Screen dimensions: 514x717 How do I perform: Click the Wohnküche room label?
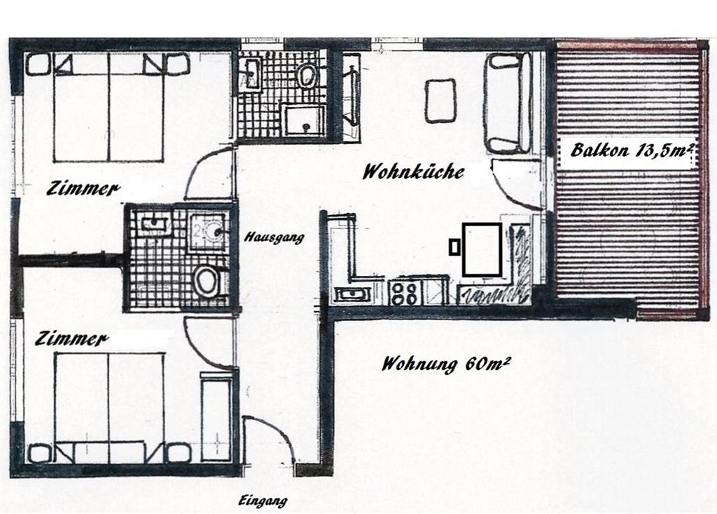(412, 172)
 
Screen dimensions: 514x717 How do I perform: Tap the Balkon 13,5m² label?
(631, 151)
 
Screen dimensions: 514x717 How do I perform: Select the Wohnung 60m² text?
(445, 365)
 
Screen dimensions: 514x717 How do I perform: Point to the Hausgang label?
(274, 237)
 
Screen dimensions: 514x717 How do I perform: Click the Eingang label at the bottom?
(263, 501)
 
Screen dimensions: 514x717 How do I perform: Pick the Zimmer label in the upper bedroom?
(83, 188)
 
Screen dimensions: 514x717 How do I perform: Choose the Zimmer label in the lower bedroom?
(73, 339)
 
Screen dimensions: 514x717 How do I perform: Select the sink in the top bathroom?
(251, 73)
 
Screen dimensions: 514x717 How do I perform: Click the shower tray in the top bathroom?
(303, 120)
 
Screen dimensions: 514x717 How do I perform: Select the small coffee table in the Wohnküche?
(440, 100)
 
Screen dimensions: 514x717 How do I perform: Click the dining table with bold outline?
(482, 249)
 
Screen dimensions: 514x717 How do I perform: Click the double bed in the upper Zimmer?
(109, 109)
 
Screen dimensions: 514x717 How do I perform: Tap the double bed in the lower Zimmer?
(109, 406)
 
